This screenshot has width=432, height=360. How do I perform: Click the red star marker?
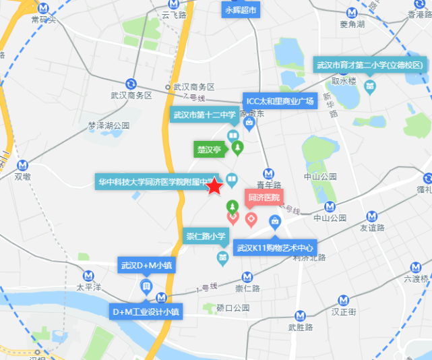click(x=215, y=186)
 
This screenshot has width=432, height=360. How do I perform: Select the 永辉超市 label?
click(x=241, y=10)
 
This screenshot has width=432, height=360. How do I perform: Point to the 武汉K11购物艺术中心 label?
click(x=276, y=248)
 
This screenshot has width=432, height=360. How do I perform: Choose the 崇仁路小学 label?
click(x=206, y=237)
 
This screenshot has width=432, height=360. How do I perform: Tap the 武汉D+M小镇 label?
click(x=147, y=266)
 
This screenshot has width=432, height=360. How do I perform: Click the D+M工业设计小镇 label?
click(x=146, y=312)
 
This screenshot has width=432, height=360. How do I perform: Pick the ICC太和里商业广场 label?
click(x=280, y=101)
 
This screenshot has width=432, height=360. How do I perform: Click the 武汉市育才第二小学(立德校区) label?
click(x=370, y=65)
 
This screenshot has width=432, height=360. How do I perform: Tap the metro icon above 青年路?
click(x=268, y=173)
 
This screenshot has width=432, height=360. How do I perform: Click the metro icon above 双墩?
click(x=24, y=164)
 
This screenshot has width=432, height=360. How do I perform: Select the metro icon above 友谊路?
click(x=372, y=216)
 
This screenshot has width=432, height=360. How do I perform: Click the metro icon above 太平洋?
click(x=88, y=275)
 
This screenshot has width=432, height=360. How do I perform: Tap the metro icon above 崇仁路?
click(x=247, y=276)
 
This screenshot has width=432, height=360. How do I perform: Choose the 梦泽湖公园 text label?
click(x=109, y=126)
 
